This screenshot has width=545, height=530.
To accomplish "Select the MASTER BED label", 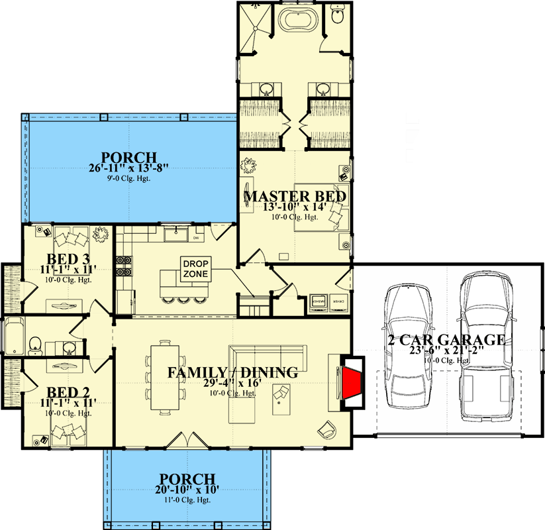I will click(295, 197).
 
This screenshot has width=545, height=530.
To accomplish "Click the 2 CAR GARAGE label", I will click(448, 341).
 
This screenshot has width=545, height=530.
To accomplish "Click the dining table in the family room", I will click(164, 378).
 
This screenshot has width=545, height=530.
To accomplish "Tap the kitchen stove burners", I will click(123, 266).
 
